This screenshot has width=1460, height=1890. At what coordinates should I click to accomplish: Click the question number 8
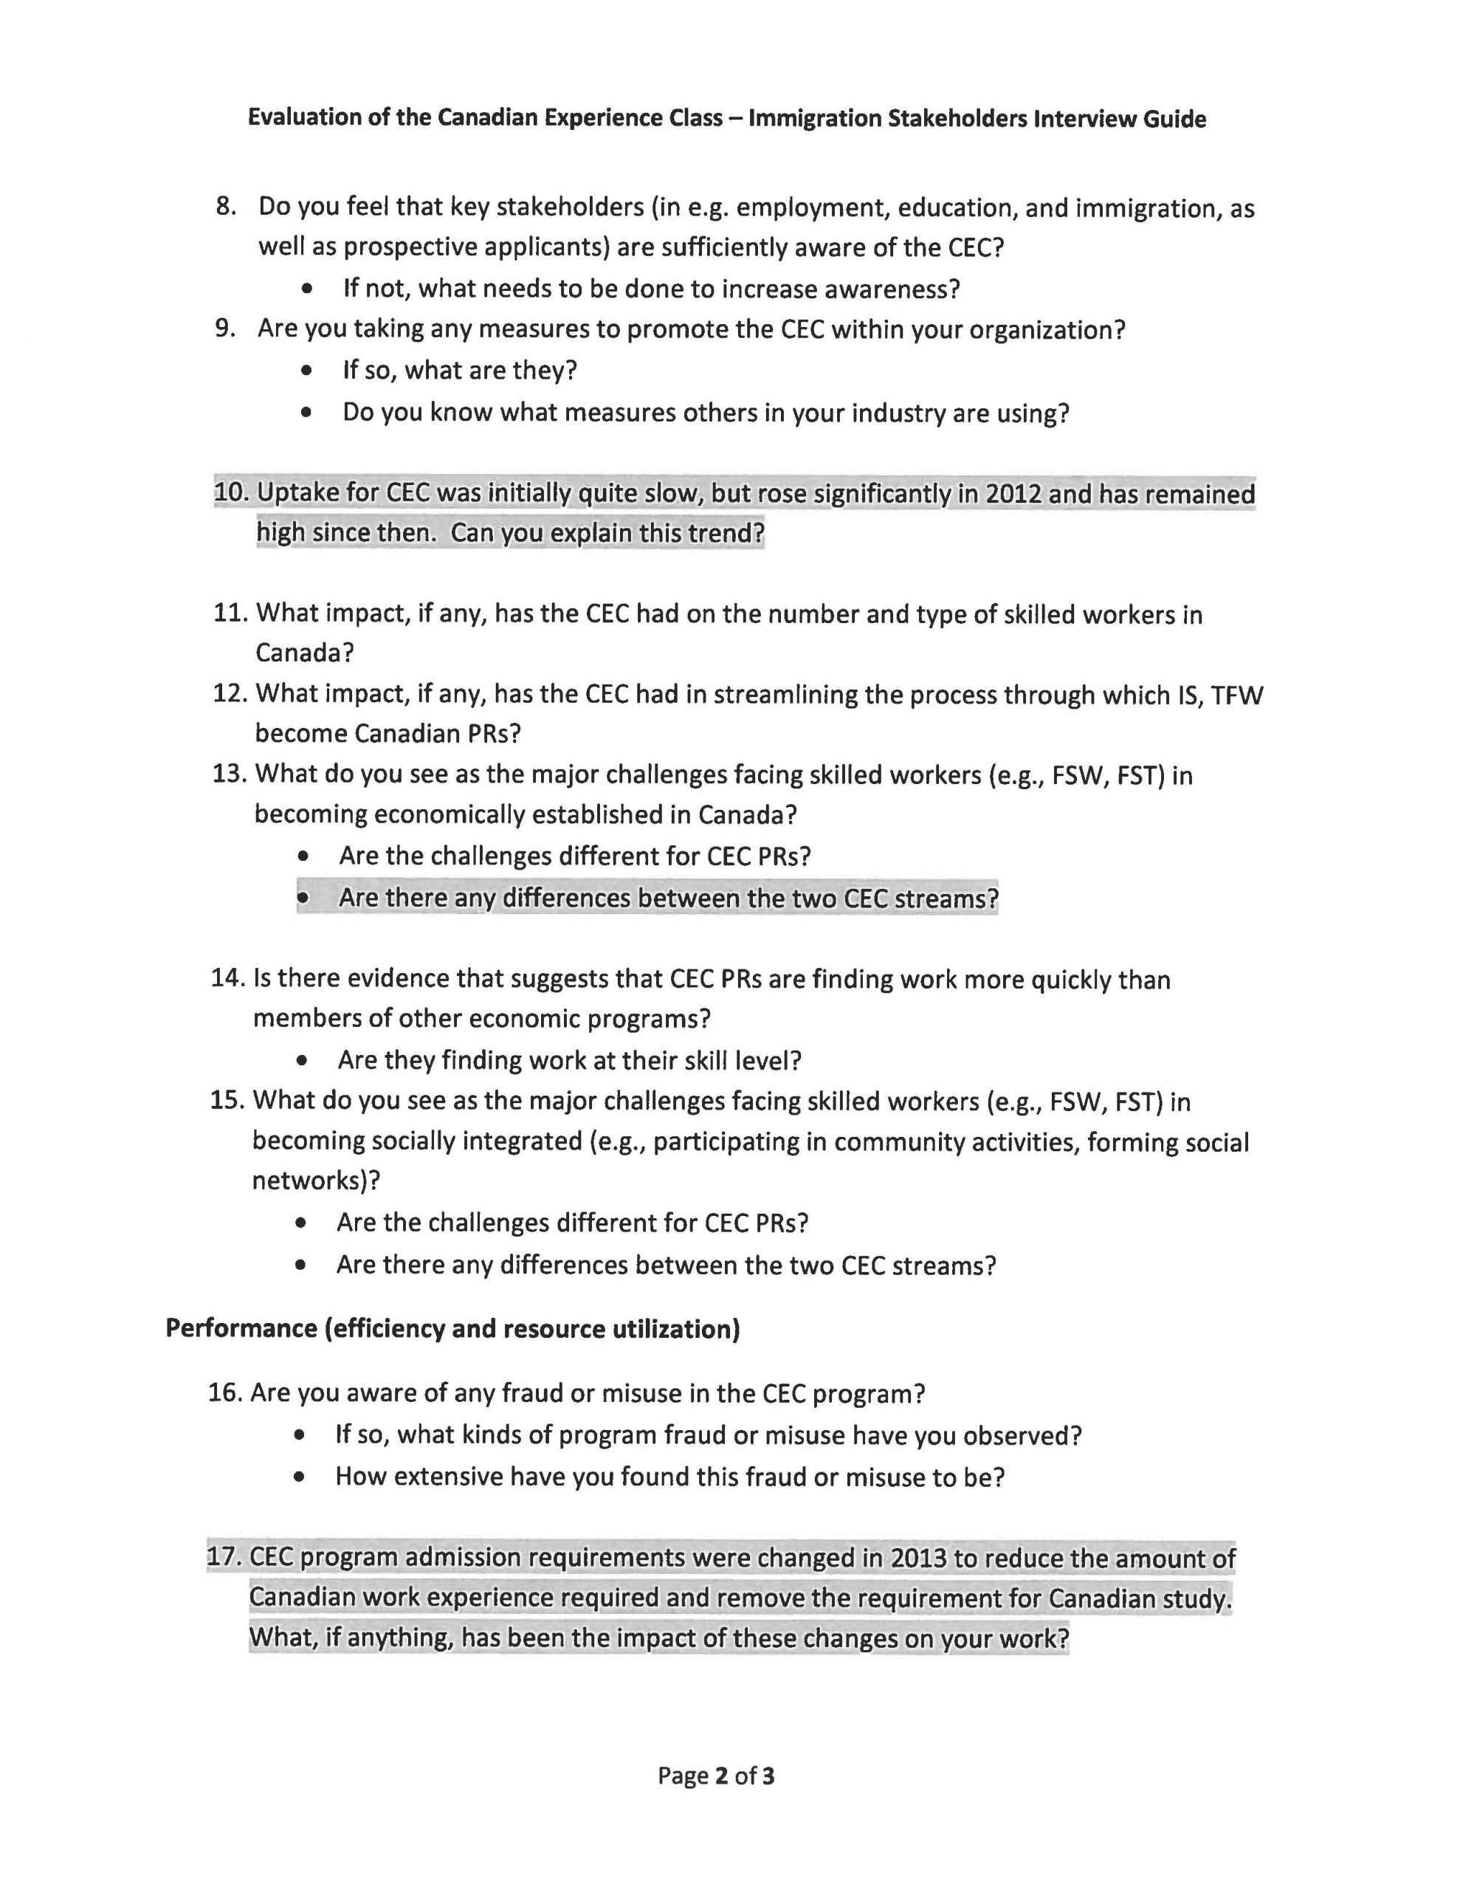[x=225, y=207]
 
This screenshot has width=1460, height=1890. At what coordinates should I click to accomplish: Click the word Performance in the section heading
[x=241, y=1328]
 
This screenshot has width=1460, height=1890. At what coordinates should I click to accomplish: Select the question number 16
[x=224, y=1394]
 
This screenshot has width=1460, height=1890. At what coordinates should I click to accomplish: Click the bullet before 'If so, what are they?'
[x=306, y=371]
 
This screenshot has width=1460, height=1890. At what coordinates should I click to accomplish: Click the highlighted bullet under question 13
[x=303, y=898]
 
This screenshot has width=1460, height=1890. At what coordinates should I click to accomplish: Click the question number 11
[x=229, y=614]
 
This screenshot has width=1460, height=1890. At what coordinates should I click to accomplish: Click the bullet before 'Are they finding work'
[x=301, y=1061]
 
